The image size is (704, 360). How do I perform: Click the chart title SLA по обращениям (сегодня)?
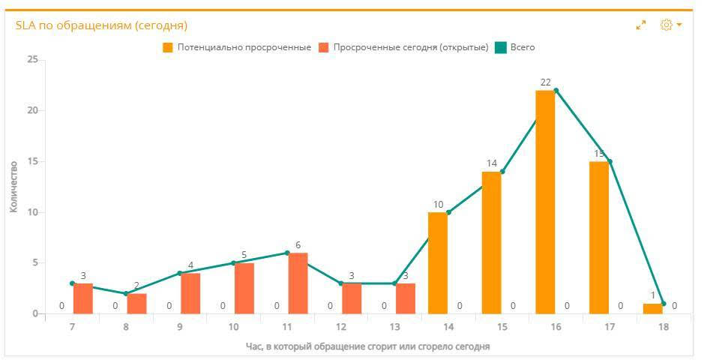coord(101,25)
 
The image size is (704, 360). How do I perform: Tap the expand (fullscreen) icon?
coord(641,25)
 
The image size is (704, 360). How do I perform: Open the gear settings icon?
coord(666,25)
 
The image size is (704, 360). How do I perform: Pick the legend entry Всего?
coord(522,47)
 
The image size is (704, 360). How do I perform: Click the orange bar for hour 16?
coord(545,202)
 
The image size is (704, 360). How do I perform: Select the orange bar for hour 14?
coord(437,262)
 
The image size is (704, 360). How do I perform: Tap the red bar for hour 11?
coord(298,283)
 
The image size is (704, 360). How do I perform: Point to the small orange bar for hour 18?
coord(652,308)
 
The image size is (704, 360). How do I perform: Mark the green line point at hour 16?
coord(556,90)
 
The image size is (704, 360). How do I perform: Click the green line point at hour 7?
coord(72,283)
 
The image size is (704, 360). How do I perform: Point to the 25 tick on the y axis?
coord(32,59)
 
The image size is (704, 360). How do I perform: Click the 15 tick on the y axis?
coord(32,161)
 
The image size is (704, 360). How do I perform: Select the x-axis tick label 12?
coord(341,328)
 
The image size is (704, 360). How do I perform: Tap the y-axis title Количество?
coord(13,186)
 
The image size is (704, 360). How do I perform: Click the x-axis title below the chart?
coord(367,346)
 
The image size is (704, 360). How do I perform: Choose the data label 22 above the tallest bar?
coord(545,82)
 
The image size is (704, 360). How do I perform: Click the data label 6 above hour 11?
coord(298,245)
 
